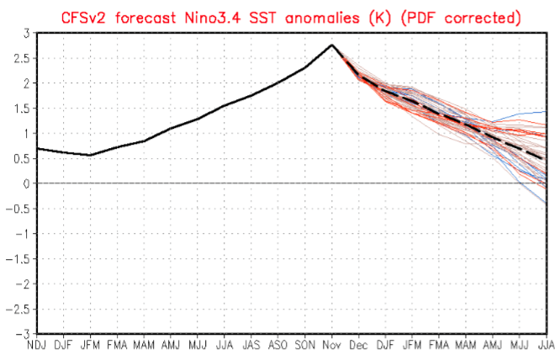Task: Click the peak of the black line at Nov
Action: point(332,45)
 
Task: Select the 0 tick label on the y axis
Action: point(24,183)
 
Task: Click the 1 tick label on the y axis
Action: point(24,133)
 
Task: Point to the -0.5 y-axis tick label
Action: point(14,209)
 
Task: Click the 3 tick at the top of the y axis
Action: point(24,33)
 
